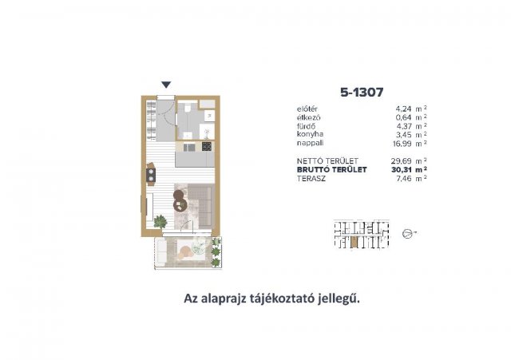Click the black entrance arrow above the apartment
pyautogui.click(x=166, y=85)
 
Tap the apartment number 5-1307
pyautogui.click(x=362, y=93)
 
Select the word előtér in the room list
pyautogui.click(x=307, y=109)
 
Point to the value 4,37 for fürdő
pyautogui.click(x=403, y=126)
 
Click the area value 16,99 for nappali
pyautogui.click(x=402, y=144)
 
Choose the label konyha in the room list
pyautogui.click(x=310, y=134)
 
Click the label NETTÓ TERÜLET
pyautogui.click(x=327, y=161)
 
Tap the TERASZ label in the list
pyautogui.click(x=311, y=179)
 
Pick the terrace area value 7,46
pyautogui.click(x=403, y=179)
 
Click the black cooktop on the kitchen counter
pyautogui.click(x=207, y=147)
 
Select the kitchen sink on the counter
pyautogui.click(x=189, y=148)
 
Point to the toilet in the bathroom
pyautogui.click(x=188, y=109)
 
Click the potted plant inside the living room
pyautogui.click(x=160, y=222)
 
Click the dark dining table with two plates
pyautogui.click(x=151, y=174)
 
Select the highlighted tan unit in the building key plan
pyautogui.click(x=355, y=242)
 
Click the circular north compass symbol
pyautogui.click(x=407, y=234)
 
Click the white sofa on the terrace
pyautogui.click(x=160, y=251)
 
